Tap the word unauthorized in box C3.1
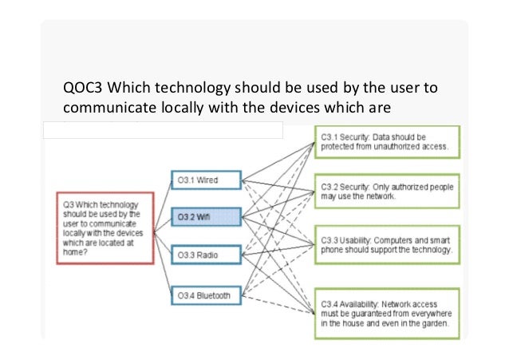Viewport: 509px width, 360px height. point(391,147)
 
